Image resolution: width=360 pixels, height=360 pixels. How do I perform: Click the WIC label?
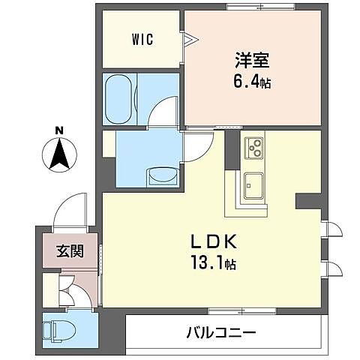pos(143,39)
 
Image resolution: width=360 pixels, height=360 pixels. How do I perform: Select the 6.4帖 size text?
pos(250,82)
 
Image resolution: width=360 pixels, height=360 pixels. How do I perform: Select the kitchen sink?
pos(252,184)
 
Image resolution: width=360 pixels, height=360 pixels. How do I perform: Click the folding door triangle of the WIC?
pos(190,38)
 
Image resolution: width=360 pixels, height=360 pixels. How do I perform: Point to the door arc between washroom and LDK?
pos(196,145)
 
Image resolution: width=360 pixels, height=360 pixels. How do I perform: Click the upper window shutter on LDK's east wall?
pos(331,229)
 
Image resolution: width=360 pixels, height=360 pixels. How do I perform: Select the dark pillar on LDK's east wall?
pos(308,201)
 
